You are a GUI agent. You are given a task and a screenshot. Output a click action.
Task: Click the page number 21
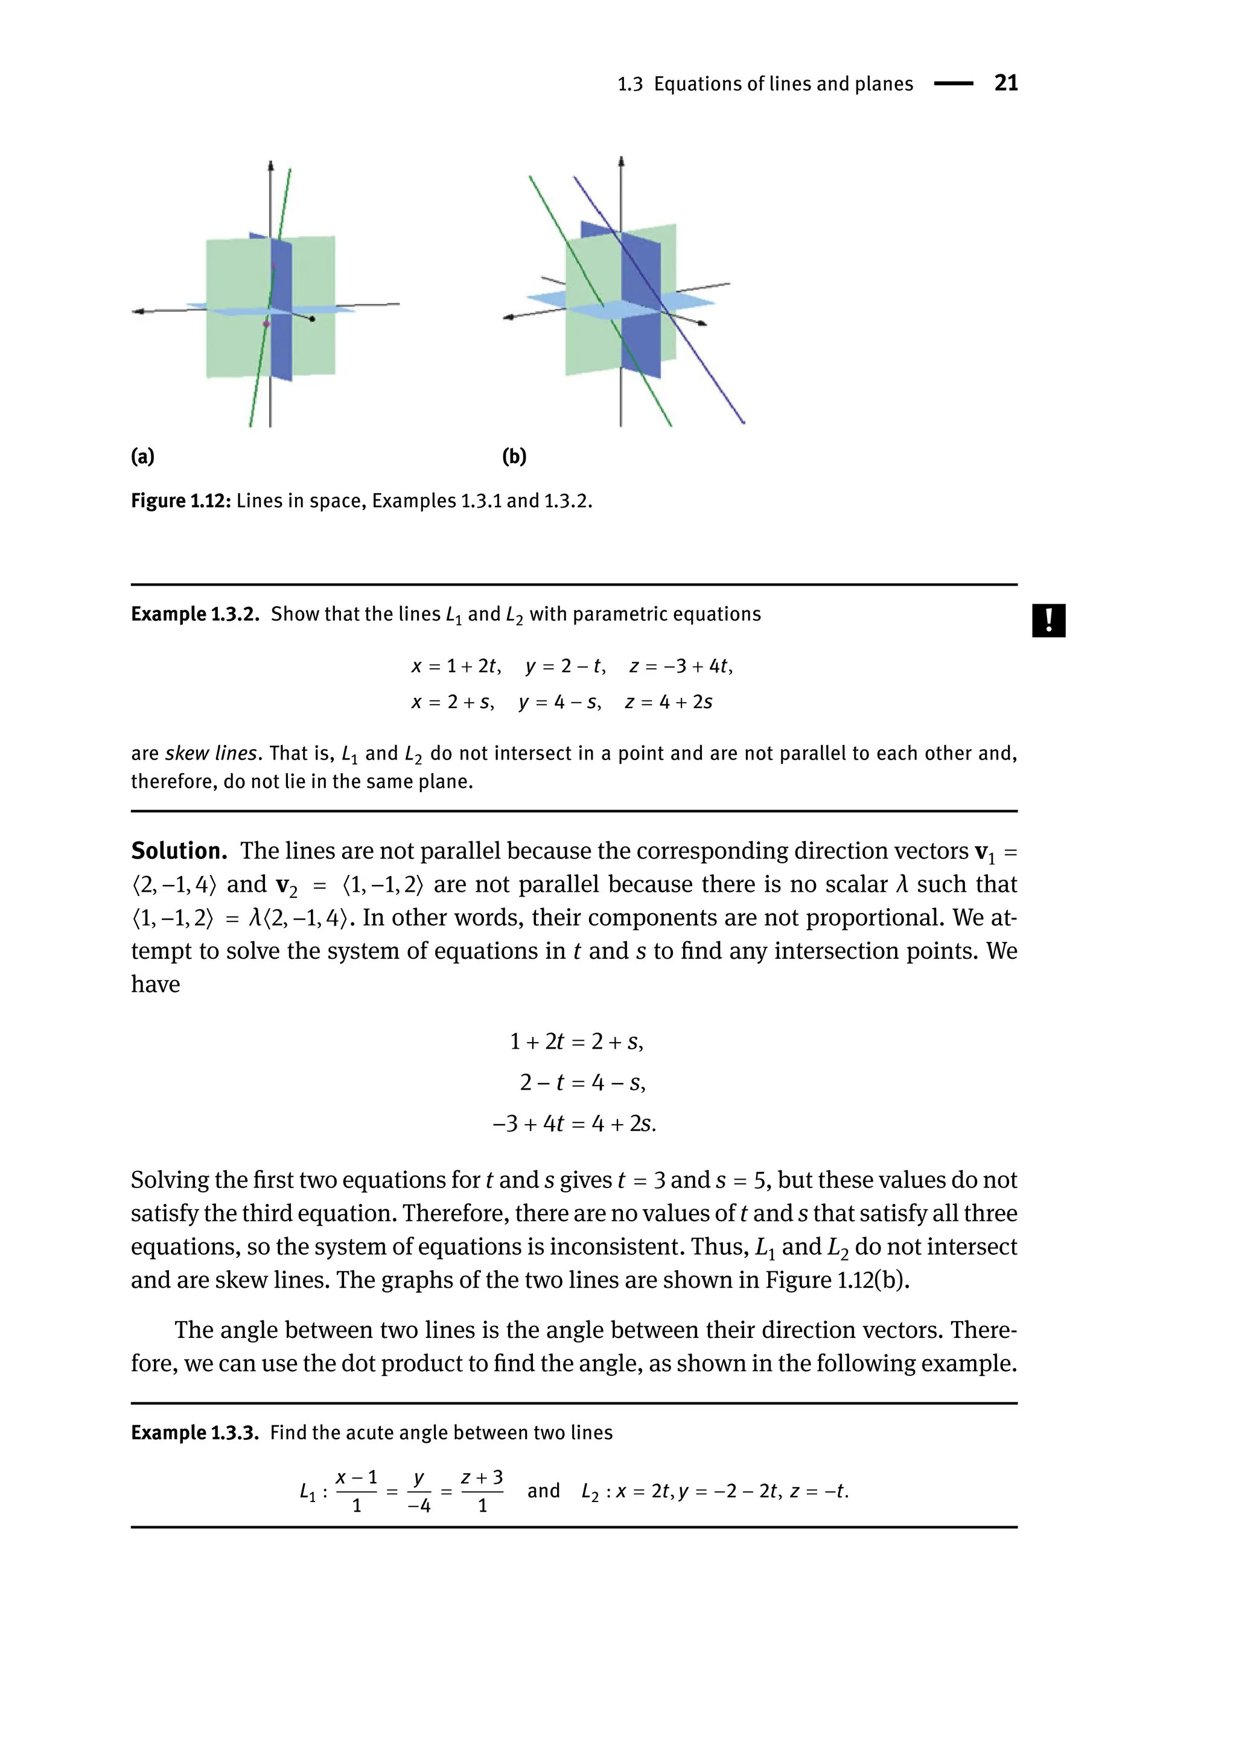[1005, 82]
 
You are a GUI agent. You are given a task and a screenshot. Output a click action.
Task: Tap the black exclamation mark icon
[1048, 620]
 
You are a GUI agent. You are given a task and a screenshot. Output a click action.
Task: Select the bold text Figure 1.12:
[180, 501]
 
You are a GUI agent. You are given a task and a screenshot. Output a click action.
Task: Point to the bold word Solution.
[179, 851]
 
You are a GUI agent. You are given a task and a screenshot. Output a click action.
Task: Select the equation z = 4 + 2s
[668, 702]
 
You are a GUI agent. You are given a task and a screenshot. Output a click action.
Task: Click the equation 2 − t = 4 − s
[582, 1082]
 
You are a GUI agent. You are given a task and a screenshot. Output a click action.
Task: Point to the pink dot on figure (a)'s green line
[266, 324]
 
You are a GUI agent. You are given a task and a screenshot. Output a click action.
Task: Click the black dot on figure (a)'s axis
[312, 319]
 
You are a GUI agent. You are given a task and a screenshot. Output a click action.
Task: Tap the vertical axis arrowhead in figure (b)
[622, 161]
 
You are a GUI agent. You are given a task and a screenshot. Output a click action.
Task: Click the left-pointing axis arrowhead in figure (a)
[137, 311]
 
